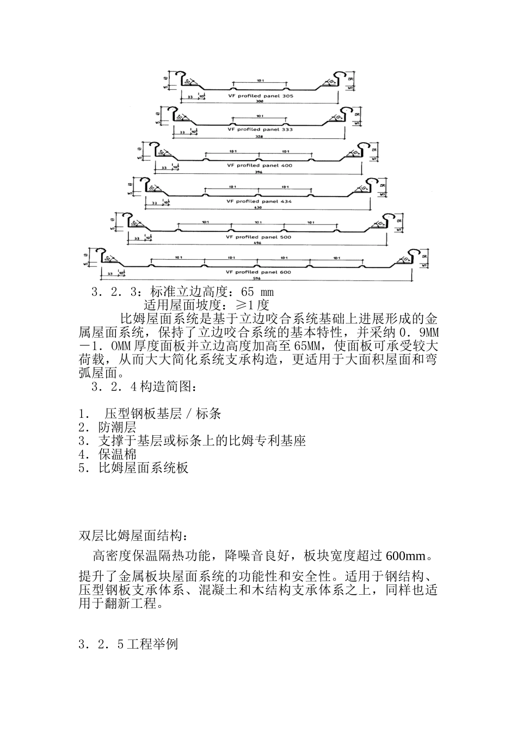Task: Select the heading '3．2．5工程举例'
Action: pyautogui.click(x=128, y=645)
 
